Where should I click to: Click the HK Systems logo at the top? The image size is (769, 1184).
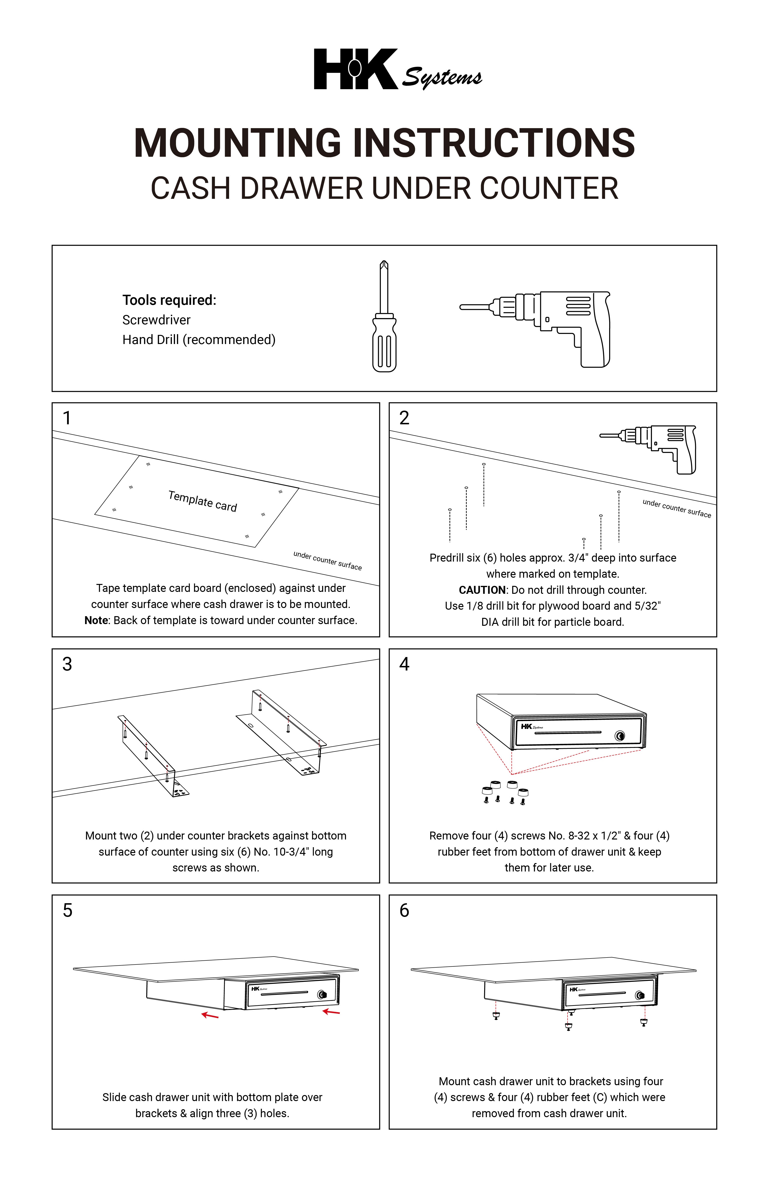(x=397, y=70)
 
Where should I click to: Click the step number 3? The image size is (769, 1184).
(x=67, y=664)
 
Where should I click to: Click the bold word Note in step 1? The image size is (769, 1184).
(x=96, y=620)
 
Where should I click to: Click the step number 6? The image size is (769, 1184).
(x=404, y=910)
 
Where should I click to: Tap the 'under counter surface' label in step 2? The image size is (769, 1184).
(x=676, y=508)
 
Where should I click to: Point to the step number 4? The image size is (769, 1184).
(x=404, y=664)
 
